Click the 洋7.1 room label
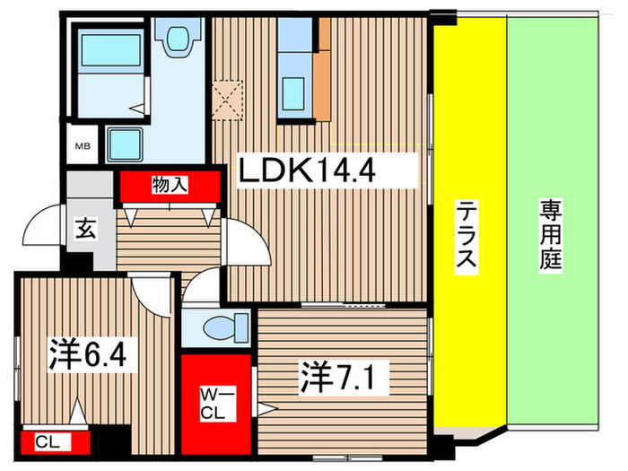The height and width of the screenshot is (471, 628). pyautogui.click(x=344, y=378)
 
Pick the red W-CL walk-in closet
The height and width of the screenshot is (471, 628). pyautogui.click(x=217, y=405)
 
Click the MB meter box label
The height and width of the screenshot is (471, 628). pyautogui.click(x=82, y=146)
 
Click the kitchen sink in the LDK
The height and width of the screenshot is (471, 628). pyautogui.click(x=295, y=92)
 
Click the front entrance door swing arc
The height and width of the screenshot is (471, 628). pyautogui.click(x=41, y=231)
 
